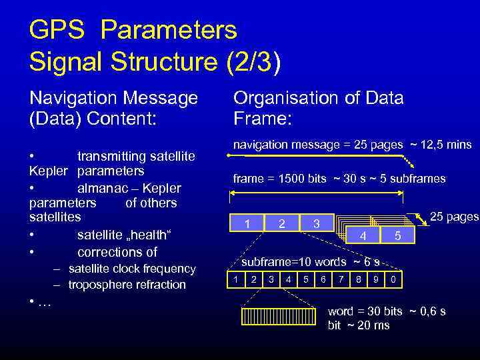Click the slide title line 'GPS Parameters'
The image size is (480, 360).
tap(133, 30)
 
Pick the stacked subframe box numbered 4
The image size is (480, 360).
tap(363, 235)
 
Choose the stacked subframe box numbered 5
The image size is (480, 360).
tap(397, 235)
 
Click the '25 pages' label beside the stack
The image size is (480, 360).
tap(454, 217)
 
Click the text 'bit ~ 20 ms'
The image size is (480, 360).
tap(359, 325)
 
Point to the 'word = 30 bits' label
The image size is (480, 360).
tap(365, 311)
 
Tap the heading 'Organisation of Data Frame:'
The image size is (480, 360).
tap(318, 108)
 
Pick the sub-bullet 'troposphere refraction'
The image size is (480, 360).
tap(127, 285)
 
